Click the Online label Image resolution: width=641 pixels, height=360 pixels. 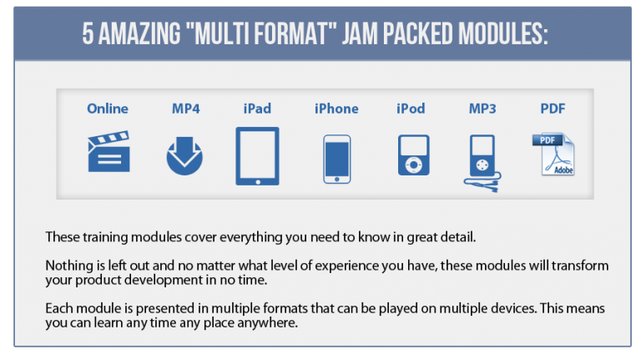[x=108, y=109]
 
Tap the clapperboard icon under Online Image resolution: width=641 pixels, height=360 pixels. [x=109, y=151]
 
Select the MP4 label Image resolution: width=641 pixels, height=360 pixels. [x=185, y=109]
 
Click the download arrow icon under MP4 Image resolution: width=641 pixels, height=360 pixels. [x=184, y=156]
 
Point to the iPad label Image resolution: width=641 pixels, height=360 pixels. [x=257, y=109]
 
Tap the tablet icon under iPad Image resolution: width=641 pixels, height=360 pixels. [x=258, y=156]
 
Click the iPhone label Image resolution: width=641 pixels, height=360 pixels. [x=336, y=109]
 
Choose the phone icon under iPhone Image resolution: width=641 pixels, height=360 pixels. [x=337, y=160]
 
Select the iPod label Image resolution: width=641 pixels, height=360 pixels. [x=411, y=109]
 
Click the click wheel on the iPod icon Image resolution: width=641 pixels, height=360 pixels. [x=414, y=165]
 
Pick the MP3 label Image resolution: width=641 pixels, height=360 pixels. [x=482, y=109]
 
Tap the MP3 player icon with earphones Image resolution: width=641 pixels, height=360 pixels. [x=482, y=163]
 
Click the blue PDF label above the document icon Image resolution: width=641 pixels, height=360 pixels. [x=553, y=109]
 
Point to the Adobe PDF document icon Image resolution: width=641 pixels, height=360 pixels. [x=553, y=155]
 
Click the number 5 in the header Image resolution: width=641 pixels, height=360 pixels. [x=88, y=33]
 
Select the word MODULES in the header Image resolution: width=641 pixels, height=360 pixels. [x=502, y=33]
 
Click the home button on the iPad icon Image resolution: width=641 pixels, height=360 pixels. [x=258, y=181]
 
